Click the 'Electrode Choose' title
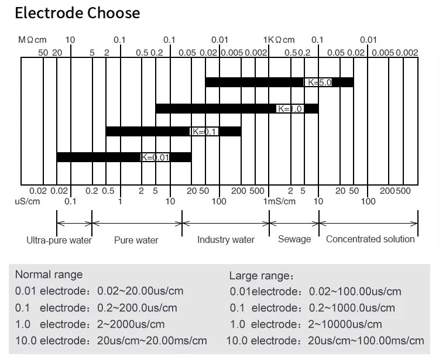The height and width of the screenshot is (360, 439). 77,13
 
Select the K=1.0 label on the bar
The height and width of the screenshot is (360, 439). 290,109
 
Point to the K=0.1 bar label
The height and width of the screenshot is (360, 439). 205,132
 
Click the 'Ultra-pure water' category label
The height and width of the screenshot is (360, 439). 59,240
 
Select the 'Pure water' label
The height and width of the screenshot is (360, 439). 136,240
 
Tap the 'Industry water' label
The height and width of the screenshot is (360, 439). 226,239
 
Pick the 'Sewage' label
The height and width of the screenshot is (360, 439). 294,239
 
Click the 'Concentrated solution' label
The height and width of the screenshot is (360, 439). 371,239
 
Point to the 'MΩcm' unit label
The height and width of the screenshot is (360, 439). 32,40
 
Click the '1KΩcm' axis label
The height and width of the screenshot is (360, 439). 279,40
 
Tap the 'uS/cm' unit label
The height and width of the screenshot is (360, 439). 28,201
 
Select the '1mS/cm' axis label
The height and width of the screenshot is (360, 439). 279,201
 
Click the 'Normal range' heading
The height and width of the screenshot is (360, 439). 49,275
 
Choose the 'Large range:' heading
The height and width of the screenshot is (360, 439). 261,276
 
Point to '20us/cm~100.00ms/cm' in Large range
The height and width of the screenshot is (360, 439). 366,341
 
